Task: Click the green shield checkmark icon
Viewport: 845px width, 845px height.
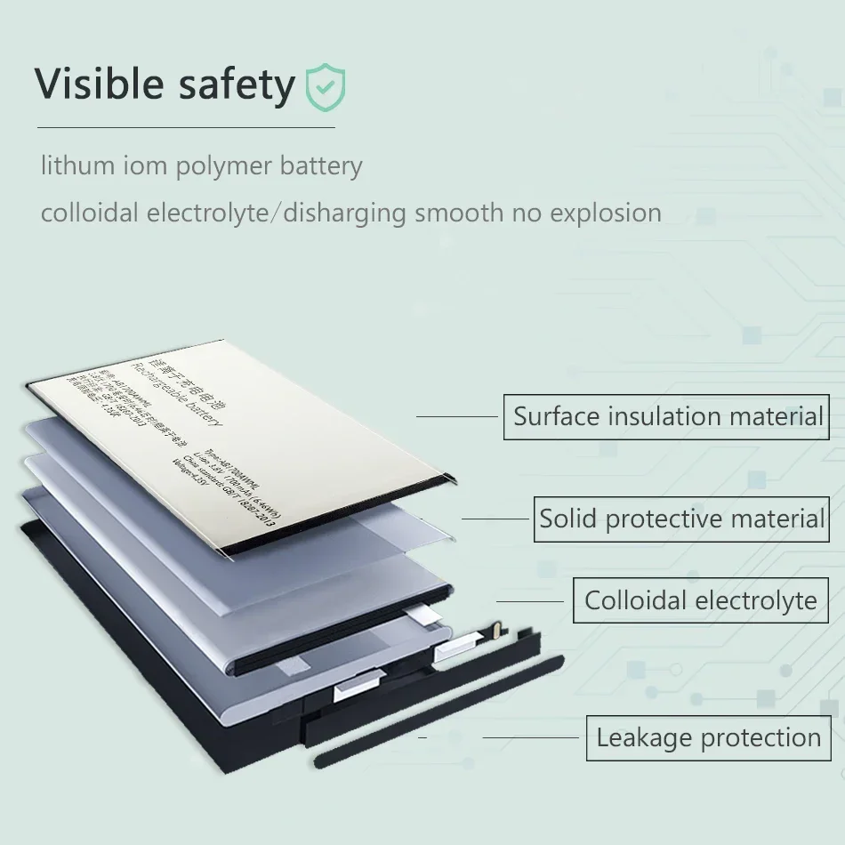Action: tap(325, 86)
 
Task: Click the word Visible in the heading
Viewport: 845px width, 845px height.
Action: tap(98, 84)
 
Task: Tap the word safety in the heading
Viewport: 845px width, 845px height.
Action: tap(236, 85)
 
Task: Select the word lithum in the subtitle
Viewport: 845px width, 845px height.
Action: tap(77, 165)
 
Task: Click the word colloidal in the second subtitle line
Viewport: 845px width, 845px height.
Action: tap(90, 213)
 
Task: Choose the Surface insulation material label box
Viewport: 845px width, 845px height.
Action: tap(666, 416)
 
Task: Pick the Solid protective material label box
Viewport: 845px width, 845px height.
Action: tap(680, 519)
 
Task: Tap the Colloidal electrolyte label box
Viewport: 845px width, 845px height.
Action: tap(700, 600)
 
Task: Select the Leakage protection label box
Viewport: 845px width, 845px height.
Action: tap(708, 737)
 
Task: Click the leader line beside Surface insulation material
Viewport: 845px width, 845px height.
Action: tap(457, 416)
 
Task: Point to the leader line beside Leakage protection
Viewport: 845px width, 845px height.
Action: tap(530, 737)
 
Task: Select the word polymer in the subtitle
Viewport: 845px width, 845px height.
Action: tap(224, 166)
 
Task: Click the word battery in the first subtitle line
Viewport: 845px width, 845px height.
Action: tap(320, 166)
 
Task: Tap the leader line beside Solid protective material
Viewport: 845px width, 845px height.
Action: tap(495, 519)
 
